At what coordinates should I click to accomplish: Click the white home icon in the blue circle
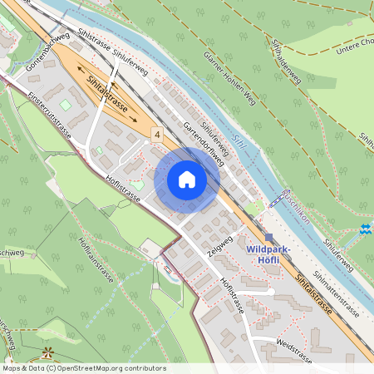pyautogui.click(x=187, y=179)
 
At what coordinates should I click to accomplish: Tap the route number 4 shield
pyautogui.click(x=157, y=133)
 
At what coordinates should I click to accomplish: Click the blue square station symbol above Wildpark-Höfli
pyautogui.click(x=268, y=237)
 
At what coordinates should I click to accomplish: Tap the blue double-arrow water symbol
pyautogui.click(x=366, y=228)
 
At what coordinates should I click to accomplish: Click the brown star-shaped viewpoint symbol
pyautogui.click(x=47, y=351)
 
